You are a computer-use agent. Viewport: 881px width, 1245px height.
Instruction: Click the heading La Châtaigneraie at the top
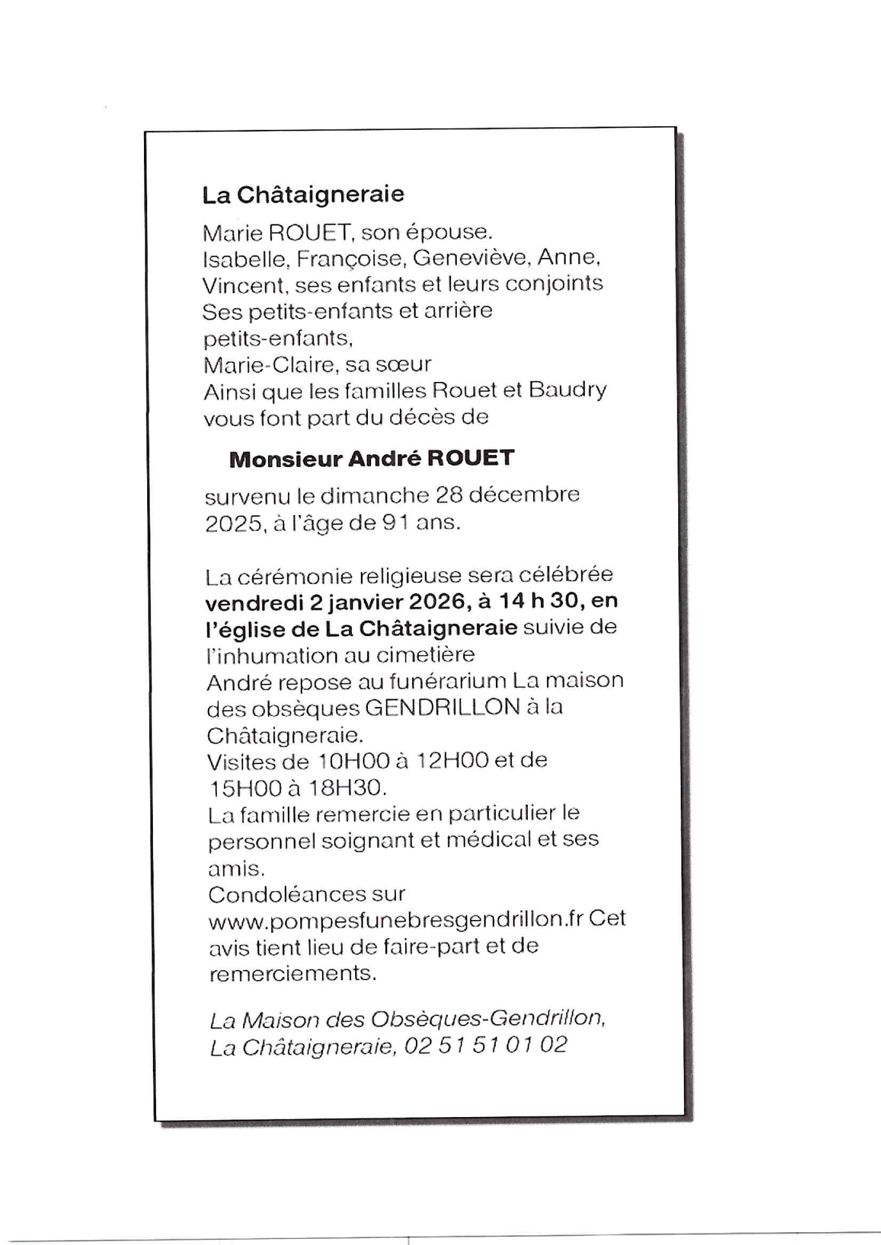pyautogui.click(x=303, y=194)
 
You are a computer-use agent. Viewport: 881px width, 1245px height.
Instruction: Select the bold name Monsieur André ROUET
pyautogui.click(x=371, y=459)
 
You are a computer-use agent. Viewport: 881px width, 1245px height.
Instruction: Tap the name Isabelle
pyautogui.click(x=243, y=259)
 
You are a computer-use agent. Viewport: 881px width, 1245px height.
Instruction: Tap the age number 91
pyautogui.click(x=395, y=523)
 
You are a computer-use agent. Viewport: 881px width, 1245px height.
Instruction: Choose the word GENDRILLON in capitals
pyautogui.click(x=441, y=708)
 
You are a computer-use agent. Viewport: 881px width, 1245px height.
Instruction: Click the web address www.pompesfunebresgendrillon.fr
pyautogui.click(x=396, y=920)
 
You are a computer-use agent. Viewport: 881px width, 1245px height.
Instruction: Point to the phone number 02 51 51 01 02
pyautogui.click(x=486, y=1045)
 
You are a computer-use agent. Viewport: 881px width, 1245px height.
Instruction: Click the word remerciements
pyautogui.click(x=292, y=974)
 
